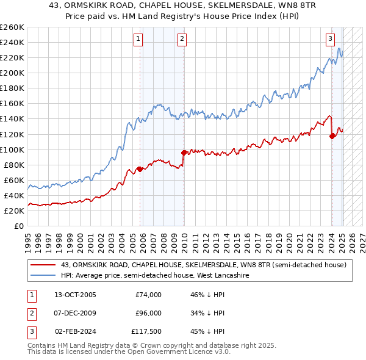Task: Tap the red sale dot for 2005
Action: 140,169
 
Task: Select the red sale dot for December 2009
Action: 184,153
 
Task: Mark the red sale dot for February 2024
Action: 332,136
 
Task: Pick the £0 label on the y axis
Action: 18,226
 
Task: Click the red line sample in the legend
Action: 44,265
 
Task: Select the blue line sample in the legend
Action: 44,276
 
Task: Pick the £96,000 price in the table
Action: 148,313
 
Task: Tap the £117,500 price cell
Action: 147,331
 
